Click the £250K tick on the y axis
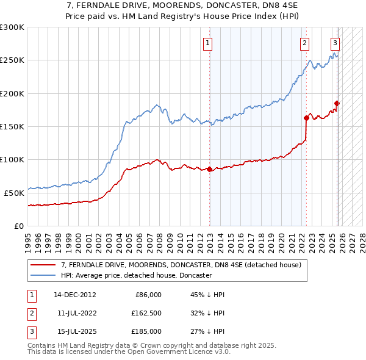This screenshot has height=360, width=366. tap(12, 60)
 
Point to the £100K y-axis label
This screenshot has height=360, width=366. tap(12, 159)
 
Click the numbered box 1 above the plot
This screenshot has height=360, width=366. tap(208, 43)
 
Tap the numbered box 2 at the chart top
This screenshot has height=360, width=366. tap(304, 43)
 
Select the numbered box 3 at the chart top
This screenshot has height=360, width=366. tap(335, 43)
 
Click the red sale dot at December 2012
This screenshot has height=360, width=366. tap(210, 169)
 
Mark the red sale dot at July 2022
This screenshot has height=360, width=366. tap(306, 118)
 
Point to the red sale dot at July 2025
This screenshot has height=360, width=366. tap(337, 103)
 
